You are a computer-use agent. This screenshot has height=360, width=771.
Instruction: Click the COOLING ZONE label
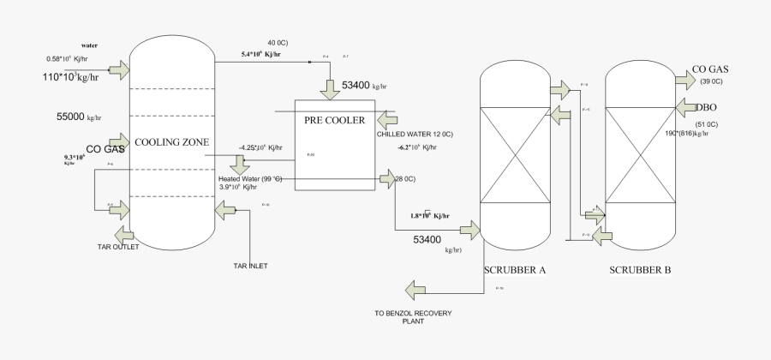(173, 142)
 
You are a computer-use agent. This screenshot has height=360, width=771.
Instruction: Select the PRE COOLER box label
(334, 120)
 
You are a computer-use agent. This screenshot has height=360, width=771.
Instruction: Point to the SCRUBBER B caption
(640, 270)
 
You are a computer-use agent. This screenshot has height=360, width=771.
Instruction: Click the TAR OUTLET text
(117, 247)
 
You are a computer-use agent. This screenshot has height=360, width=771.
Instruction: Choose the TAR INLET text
(250, 266)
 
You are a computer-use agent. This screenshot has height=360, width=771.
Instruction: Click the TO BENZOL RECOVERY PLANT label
(414, 317)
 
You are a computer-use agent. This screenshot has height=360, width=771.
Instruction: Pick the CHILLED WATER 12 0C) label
(415, 135)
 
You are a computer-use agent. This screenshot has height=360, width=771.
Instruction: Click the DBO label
(707, 107)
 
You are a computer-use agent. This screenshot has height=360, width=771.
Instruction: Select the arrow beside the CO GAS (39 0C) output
(685, 79)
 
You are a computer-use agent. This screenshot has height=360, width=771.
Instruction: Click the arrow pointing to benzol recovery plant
(418, 289)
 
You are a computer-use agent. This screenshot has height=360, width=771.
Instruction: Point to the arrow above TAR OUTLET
(123, 232)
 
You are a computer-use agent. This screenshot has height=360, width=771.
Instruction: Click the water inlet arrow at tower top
(119, 68)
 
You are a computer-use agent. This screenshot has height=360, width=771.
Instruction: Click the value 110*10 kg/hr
(70, 77)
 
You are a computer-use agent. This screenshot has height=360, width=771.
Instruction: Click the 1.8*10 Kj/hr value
(431, 215)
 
